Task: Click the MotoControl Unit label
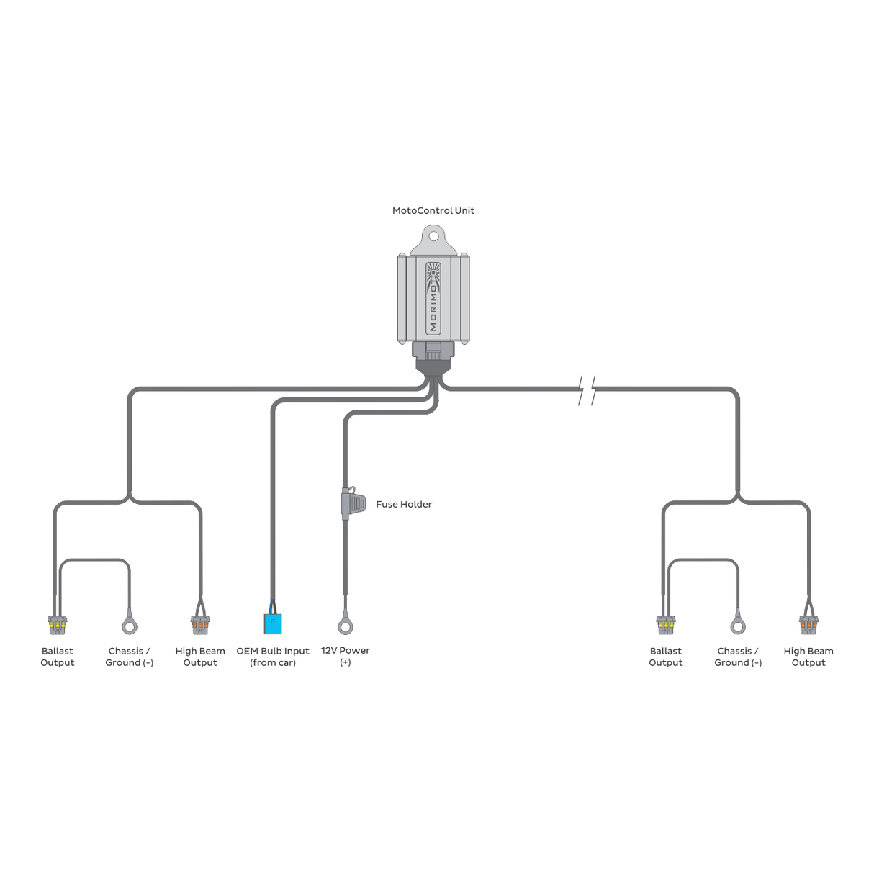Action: (433, 210)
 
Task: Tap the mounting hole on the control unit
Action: (433, 236)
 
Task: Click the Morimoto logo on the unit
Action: (433, 299)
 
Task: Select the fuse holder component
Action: (353, 503)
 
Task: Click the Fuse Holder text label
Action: (404, 504)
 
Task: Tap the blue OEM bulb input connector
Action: (273, 623)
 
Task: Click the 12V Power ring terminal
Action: (346, 626)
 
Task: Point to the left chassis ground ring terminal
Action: (130, 626)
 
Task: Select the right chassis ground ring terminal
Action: (738, 626)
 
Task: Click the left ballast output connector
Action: (58, 625)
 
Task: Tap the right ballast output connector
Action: (666, 625)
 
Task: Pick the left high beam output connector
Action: (200, 625)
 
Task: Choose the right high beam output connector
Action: (808, 625)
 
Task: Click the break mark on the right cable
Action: (587, 390)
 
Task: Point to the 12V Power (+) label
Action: (346, 657)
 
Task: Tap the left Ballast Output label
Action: (58, 657)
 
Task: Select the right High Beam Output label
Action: (808, 657)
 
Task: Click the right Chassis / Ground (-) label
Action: (738, 657)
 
